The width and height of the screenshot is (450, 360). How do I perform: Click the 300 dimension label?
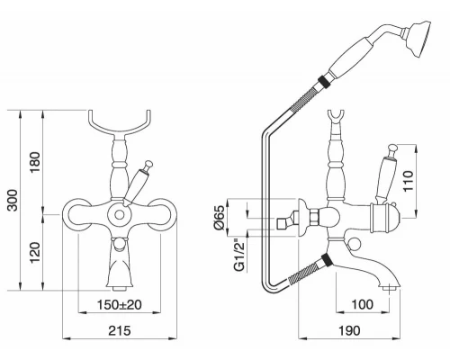13,200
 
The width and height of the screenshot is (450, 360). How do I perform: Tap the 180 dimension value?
35,162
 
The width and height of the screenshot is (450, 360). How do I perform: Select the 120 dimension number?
35,252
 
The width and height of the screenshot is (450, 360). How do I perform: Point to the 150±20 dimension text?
120,305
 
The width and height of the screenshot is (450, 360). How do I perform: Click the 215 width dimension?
120,330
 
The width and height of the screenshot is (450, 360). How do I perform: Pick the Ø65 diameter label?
220,217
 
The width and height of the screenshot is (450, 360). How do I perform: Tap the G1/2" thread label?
240,255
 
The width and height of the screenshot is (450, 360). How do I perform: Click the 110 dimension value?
409,181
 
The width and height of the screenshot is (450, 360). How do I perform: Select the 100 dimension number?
363,305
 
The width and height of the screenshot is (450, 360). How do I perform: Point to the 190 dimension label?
349,330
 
